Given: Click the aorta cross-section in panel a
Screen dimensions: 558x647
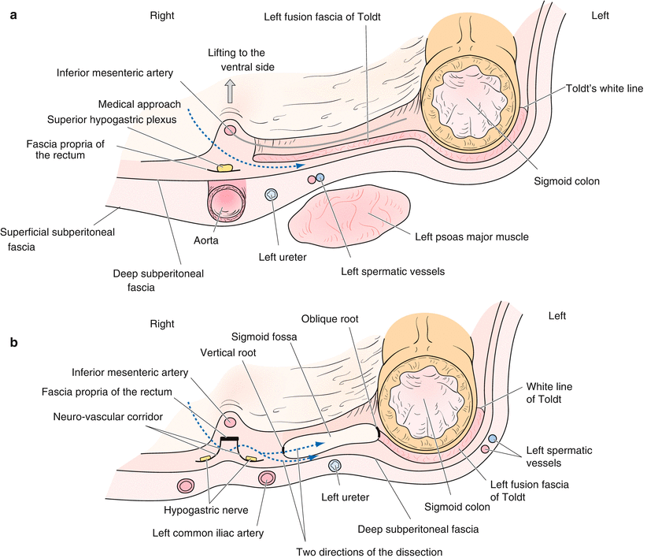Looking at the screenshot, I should [x=227, y=202].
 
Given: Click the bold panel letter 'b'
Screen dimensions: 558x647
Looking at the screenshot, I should [x=13, y=343].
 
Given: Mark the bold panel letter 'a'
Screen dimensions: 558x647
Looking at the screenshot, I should [x=13, y=15].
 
